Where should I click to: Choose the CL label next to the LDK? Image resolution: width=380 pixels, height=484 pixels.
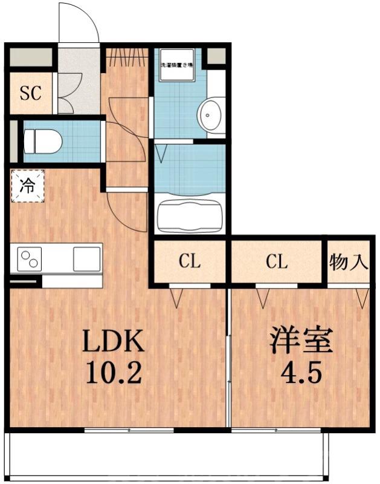(189, 262)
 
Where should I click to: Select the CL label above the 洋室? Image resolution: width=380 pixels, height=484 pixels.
(277, 262)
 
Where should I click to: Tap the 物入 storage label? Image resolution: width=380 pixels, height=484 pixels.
(349, 262)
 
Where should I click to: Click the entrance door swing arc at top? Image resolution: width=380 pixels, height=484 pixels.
(79, 24)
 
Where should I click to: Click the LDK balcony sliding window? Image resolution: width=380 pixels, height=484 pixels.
(129, 430)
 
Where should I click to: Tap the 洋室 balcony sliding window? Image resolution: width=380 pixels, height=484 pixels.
(277, 430)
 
